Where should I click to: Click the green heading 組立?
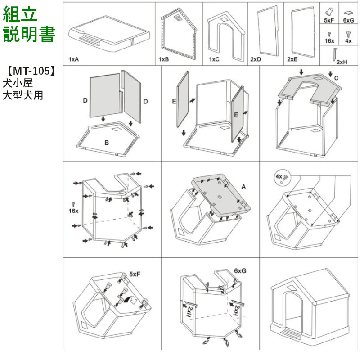[x=20, y=14]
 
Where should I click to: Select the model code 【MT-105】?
[x=31, y=71]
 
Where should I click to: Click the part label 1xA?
[x=74, y=59]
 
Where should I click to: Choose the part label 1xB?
[x=164, y=59]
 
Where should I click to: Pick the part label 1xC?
[x=214, y=59]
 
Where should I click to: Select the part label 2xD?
[x=256, y=59]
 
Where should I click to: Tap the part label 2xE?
[x=292, y=59]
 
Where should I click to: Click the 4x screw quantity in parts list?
[x=348, y=40]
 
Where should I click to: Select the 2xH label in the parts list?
[x=342, y=62]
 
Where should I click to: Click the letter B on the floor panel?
[x=107, y=143]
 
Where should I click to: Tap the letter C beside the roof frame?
[x=336, y=77]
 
